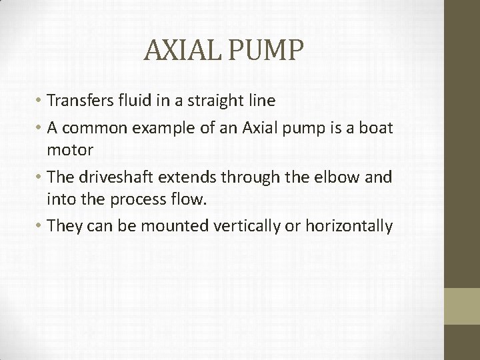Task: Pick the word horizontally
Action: tap(347, 226)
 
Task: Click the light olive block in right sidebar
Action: tap(462, 306)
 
